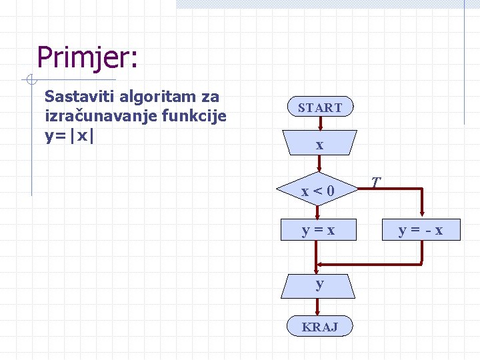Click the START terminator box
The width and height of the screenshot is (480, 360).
tap(320, 107)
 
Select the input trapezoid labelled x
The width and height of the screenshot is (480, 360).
tap(320, 144)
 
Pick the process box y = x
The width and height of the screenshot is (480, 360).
tap(319, 230)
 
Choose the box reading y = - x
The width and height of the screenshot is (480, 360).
tap(421, 231)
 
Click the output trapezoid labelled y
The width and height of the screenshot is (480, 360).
tap(320, 284)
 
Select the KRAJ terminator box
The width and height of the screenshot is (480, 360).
tap(320, 327)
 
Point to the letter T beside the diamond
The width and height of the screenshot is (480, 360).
tap(376, 182)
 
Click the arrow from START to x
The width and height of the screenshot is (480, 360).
tap(320, 123)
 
